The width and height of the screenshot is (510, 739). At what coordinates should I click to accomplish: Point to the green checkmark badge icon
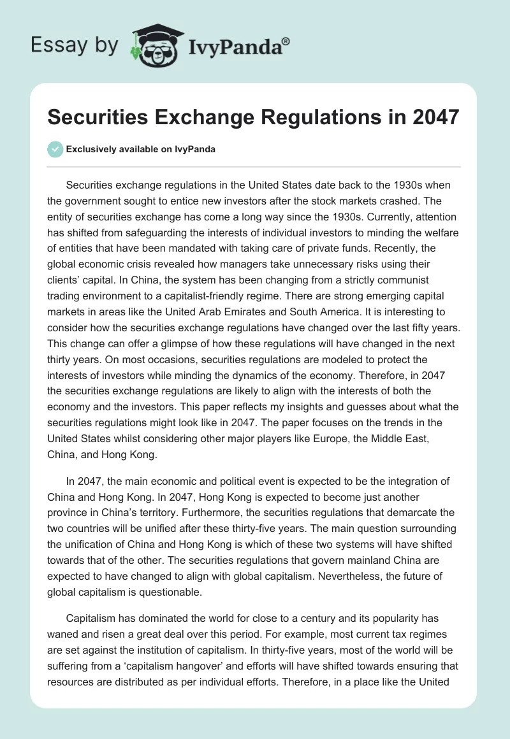pyautogui.click(x=56, y=149)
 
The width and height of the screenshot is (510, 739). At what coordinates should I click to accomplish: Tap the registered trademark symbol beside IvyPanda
pyautogui.click(x=286, y=42)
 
